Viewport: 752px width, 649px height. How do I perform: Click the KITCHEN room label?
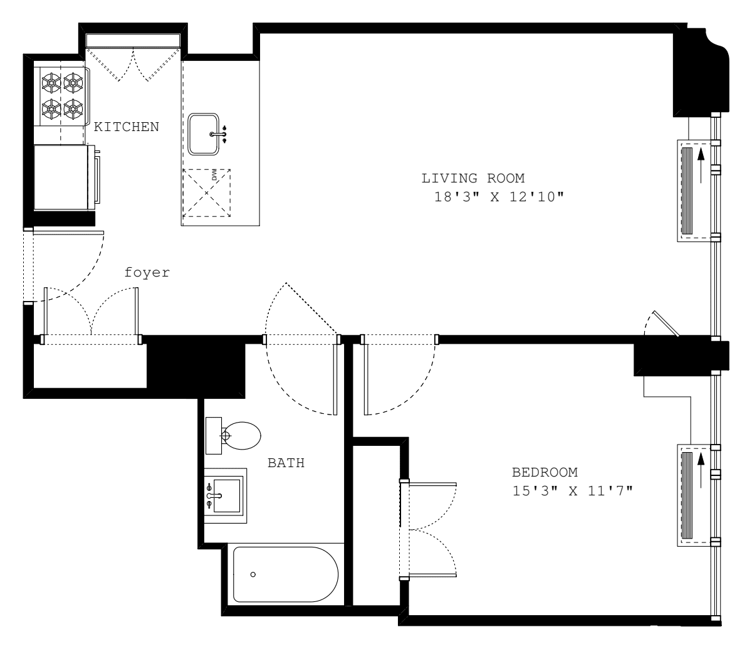[126, 127]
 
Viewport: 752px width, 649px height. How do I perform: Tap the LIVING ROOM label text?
[473, 178]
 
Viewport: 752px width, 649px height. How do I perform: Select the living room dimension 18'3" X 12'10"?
[499, 197]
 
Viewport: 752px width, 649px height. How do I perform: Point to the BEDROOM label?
[545, 472]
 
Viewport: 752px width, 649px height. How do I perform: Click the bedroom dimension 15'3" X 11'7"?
[572, 491]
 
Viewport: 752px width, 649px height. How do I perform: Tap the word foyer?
[147, 273]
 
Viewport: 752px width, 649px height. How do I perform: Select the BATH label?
[286, 464]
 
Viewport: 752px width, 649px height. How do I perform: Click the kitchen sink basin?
[204, 134]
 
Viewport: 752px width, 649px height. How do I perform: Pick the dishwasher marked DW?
[206, 193]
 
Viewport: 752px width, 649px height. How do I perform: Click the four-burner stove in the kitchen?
[62, 95]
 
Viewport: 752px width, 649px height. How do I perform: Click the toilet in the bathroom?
[241, 435]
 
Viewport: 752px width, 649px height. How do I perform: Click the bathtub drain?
[253, 574]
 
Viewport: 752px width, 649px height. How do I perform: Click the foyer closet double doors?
[91, 314]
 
